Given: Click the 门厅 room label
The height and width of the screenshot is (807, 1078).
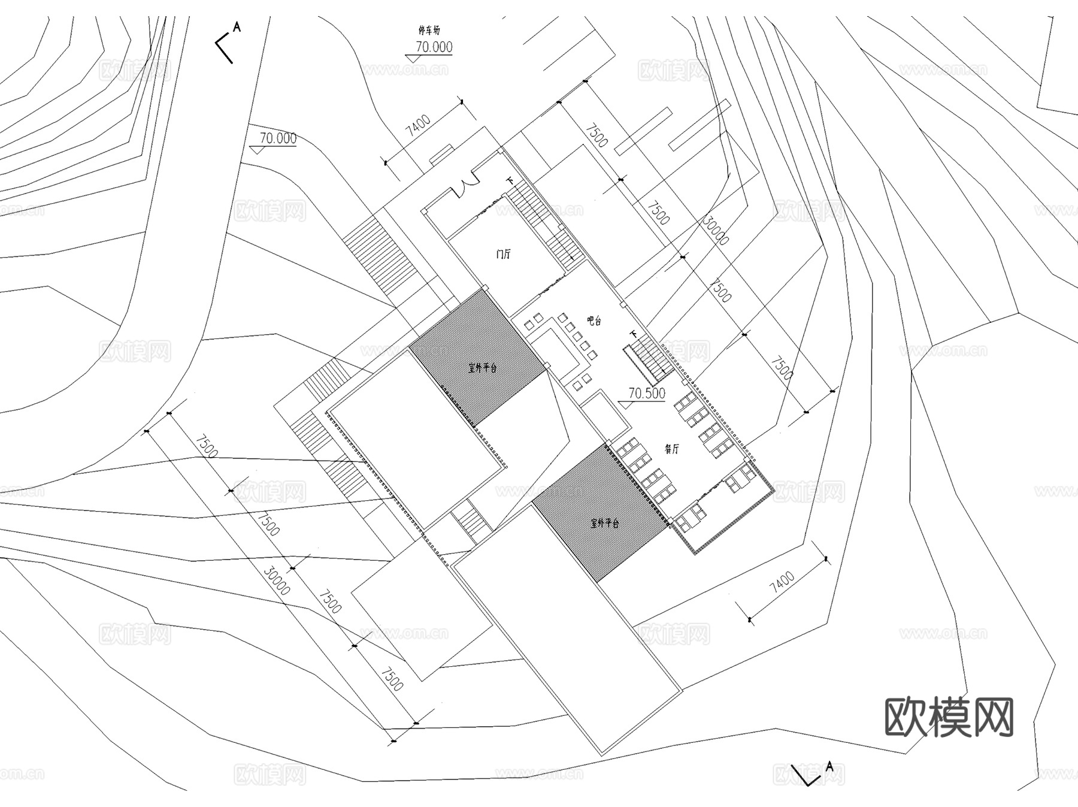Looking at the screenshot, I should [503, 254].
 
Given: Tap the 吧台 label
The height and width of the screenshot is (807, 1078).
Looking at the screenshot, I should [593, 321].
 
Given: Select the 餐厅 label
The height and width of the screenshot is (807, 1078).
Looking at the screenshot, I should [672, 449].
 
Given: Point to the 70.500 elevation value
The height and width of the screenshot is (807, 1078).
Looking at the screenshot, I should [647, 393].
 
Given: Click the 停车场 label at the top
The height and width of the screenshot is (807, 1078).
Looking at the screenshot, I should [429, 30].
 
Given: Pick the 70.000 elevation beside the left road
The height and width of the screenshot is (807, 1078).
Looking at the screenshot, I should [278, 138].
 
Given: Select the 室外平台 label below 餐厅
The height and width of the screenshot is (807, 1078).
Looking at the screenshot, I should [604, 523].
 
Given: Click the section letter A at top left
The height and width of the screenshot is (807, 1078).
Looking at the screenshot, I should [237, 27].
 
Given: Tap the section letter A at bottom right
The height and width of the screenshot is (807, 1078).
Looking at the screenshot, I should [829, 766].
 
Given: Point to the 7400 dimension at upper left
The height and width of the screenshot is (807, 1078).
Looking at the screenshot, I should [419, 126].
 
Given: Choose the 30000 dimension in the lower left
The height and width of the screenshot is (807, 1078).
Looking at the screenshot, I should [277, 581].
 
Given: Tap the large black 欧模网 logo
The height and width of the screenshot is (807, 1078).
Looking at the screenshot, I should [949, 717].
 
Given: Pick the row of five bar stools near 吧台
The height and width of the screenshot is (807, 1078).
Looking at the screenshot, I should [577, 337].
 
